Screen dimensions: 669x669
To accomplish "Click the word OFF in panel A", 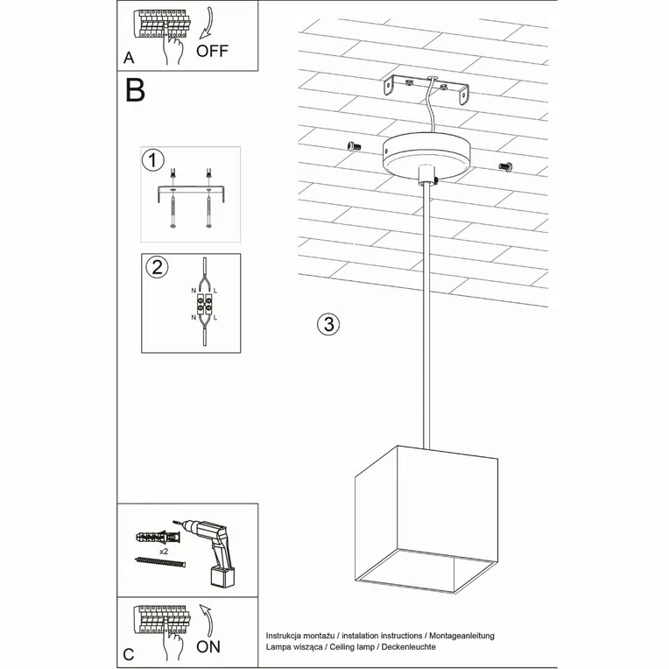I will (x=213, y=50).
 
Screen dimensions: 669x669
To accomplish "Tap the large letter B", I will (x=135, y=90).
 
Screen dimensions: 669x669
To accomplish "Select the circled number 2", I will (x=155, y=267).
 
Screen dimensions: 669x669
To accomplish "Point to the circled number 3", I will (x=327, y=324).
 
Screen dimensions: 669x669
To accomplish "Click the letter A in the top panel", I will (x=130, y=60).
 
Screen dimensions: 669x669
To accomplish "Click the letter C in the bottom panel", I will (x=130, y=653).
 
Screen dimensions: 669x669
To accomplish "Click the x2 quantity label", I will (x=164, y=553).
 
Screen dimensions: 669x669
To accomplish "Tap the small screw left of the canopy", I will (x=354, y=146).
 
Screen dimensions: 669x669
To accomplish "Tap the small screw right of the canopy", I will (x=506, y=165).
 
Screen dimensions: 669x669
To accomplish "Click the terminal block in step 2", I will (x=203, y=307).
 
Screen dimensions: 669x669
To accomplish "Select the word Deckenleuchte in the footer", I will (x=405, y=645).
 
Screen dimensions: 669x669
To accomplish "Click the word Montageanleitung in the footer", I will (x=461, y=632).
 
